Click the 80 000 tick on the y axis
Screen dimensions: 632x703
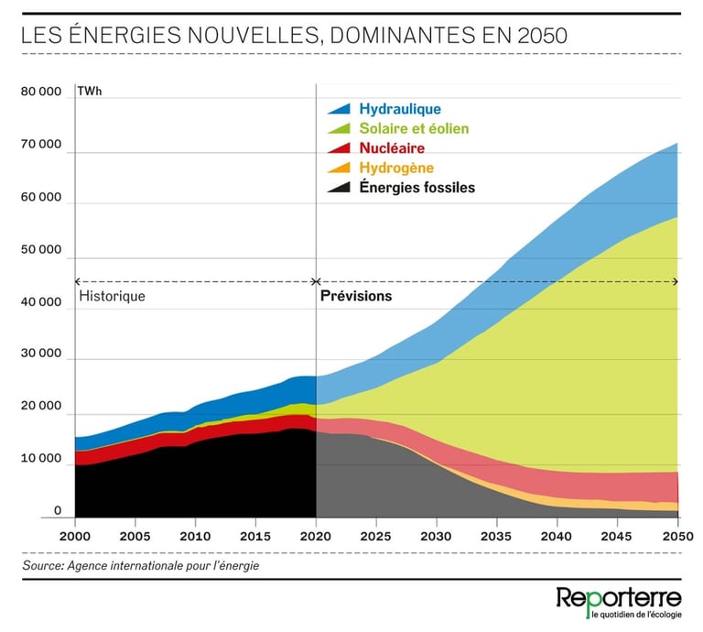point(42,93)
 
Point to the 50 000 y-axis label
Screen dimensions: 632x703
point(42,249)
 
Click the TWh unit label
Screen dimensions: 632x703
point(90,93)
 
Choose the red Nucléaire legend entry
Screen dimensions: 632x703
point(392,147)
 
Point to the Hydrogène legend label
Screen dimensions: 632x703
point(396,168)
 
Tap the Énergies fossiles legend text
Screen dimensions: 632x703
point(416,188)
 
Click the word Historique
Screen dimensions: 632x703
point(113,296)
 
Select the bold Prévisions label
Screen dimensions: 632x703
point(356,296)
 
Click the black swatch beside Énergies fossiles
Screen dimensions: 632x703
point(340,188)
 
